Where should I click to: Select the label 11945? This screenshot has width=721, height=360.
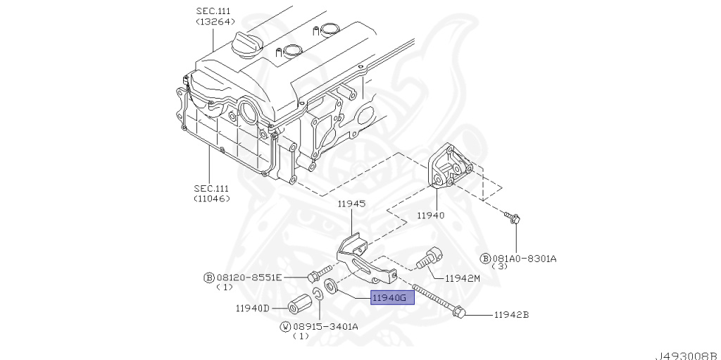coord(350,204)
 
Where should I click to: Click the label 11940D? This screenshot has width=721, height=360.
coord(253,308)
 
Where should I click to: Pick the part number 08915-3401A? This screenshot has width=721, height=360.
coord(326,326)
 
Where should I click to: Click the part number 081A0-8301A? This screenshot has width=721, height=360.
coord(525,258)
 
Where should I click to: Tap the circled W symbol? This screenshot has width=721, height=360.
coord(286,326)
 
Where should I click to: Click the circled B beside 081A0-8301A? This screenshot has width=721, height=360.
coord(485,258)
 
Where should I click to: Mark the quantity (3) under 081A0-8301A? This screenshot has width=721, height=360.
coord(499,267)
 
